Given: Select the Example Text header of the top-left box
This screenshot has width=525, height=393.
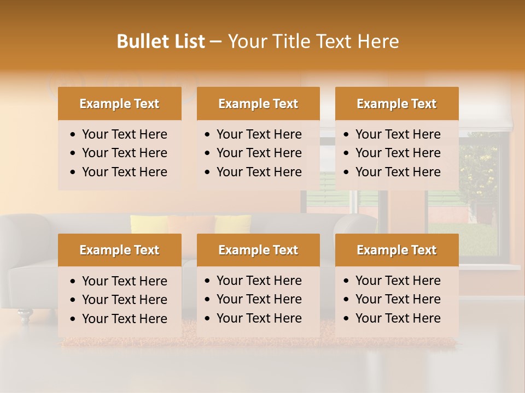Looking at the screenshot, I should (119, 104).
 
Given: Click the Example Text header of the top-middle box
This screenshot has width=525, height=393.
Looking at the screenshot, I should (258, 104).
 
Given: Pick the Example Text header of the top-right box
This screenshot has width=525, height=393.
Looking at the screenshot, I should (396, 104).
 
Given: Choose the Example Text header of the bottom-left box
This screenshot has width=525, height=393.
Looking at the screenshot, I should (119, 250).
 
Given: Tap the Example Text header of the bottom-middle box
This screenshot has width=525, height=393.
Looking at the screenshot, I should (258, 250).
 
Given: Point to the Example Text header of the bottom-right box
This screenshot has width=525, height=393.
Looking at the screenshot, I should (396, 250).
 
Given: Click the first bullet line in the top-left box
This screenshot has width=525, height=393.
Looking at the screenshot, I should (124, 134).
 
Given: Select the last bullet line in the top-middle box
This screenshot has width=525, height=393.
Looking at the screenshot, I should (259, 172).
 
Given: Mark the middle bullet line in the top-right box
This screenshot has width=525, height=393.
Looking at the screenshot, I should (398, 153).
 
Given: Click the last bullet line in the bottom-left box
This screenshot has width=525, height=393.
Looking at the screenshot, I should (124, 319).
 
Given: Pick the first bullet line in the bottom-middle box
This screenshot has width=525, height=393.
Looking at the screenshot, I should (259, 281).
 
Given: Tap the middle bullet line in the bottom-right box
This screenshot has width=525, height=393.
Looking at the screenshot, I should (398, 299).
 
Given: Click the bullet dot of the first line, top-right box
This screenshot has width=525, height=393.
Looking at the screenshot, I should (346, 135).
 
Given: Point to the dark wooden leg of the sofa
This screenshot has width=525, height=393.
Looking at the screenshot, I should (25, 314).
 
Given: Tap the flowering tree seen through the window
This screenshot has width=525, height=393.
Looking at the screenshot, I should (478, 169).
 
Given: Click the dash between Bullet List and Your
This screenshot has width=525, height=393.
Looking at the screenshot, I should (215, 42).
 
